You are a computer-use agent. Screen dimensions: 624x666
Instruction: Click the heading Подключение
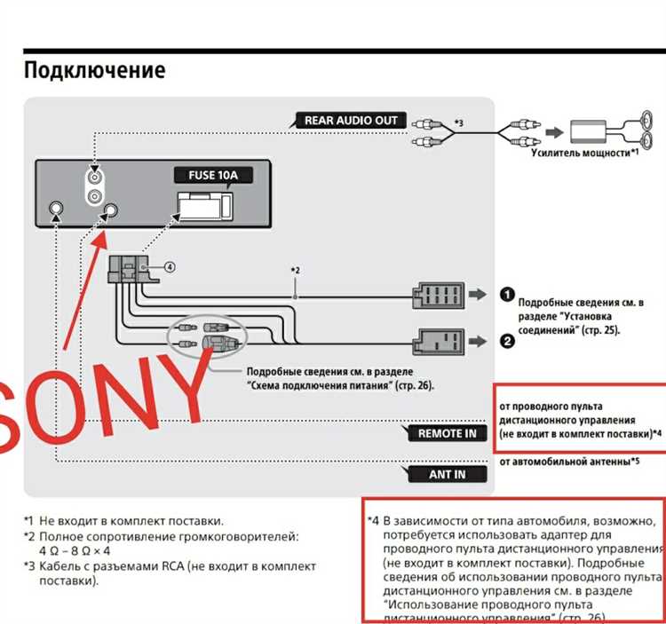(x=94, y=70)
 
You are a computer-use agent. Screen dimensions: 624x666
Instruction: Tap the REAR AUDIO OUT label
(x=351, y=121)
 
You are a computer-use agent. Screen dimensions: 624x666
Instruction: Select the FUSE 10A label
(x=213, y=175)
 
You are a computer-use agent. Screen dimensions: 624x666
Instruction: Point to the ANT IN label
(x=447, y=474)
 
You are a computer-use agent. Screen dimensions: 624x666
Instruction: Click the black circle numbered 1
(x=505, y=295)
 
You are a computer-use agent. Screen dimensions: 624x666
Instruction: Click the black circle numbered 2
(x=505, y=340)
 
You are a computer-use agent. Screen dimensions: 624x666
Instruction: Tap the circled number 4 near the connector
(x=170, y=265)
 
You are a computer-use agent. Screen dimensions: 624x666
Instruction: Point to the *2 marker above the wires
(x=296, y=270)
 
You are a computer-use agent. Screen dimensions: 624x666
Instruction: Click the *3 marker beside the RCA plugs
(x=459, y=122)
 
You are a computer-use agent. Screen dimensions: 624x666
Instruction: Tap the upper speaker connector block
(x=438, y=296)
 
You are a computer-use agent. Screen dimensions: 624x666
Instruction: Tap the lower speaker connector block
(x=438, y=340)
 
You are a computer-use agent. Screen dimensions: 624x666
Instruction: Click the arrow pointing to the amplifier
(x=552, y=132)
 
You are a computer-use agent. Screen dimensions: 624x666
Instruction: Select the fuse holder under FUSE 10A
(x=205, y=205)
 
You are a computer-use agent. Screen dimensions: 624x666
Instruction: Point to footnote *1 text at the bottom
(x=123, y=520)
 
